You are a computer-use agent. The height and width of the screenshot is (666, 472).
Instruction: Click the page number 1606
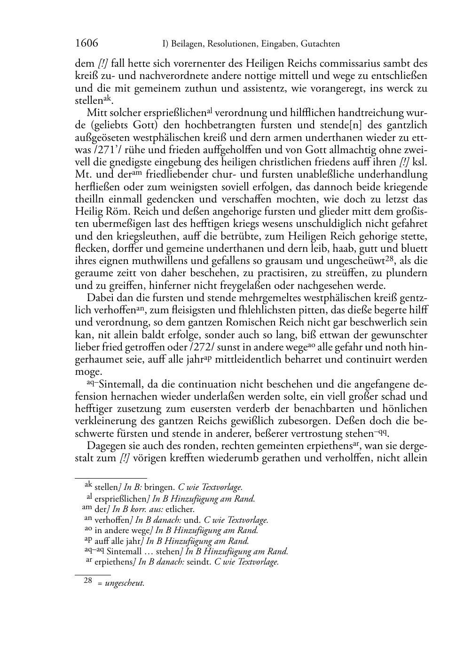(x=87, y=44)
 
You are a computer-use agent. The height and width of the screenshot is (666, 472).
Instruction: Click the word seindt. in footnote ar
(x=198, y=562)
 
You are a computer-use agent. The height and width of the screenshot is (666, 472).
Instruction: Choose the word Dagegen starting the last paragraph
(x=103, y=445)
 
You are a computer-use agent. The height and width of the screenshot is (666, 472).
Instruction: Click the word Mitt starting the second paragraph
(x=96, y=113)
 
